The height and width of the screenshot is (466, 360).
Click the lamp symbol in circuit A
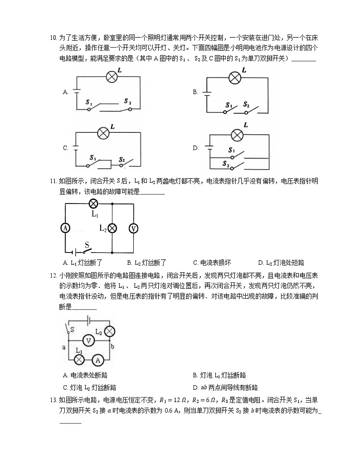(x=112, y=77)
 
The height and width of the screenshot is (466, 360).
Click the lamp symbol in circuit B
(x=234, y=78)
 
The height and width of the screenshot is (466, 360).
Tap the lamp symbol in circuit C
(x=103, y=133)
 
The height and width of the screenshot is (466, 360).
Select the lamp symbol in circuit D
(x=237, y=135)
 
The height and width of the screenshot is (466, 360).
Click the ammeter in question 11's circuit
(x=66, y=228)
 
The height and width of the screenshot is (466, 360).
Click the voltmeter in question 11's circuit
(x=134, y=228)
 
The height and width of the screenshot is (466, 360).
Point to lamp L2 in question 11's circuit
(x=112, y=228)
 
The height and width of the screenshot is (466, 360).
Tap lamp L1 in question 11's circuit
(x=94, y=204)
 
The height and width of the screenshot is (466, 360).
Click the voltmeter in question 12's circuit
(x=90, y=341)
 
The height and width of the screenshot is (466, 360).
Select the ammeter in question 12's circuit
(x=97, y=360)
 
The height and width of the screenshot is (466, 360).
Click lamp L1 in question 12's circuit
(x=79, y=360)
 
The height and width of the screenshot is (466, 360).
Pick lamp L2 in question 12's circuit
(x=109, y=331)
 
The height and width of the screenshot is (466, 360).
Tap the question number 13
(x=53, y=400)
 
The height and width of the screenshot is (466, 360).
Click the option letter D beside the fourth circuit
(x=195, y=148)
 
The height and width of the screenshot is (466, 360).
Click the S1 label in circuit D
(x=232, y=150)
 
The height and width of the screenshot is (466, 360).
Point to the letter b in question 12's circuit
(x=112, y=347)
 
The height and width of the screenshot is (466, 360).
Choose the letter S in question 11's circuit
(x=86, y=244)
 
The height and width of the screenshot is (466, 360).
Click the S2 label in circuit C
(x=122, y=160)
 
